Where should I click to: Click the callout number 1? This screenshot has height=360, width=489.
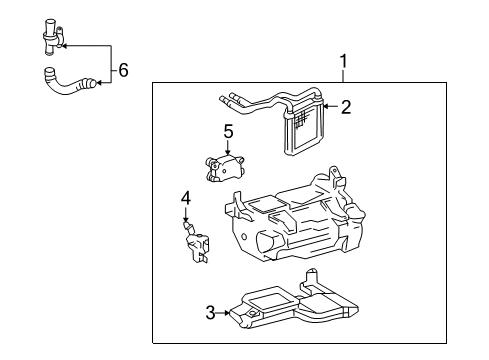344,62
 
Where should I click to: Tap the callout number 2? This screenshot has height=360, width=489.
345,107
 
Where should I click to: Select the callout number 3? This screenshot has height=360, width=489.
211,313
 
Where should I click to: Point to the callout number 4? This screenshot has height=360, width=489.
185,199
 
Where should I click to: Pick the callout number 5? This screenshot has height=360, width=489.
228,130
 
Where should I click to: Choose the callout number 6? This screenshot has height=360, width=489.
123,70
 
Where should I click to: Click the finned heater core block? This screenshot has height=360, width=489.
302,129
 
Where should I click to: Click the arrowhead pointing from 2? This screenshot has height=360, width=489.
326,107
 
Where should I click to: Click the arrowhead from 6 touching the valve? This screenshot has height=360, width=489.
65,45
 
